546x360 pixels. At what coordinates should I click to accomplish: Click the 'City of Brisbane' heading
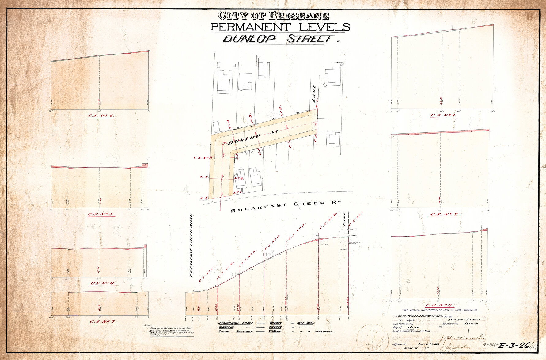pyautogui.click(x=273, y=16)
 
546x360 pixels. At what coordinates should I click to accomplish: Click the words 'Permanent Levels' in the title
pyautogui.click(x=280, y=27)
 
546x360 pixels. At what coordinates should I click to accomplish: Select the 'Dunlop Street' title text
pyautogui.click(x=278, y=39)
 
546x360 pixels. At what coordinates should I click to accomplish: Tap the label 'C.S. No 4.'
pyautogui.click(x=101, y=116)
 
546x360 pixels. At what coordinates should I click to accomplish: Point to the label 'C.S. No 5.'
pyautogui.click(x=101, y=214)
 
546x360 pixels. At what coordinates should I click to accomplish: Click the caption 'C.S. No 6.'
pyautogui.click(x=103, y=283)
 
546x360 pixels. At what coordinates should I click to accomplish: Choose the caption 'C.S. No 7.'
pyautogui.click(x=103, y=322)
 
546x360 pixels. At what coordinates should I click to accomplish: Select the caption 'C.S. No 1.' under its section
pyautogui.click(x=443, y=116)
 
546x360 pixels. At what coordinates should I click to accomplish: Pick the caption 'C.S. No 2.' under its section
pyautogui.click(x=446, y=214)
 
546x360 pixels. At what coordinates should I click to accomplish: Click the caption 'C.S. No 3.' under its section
pyautogui.click(x=440, y=305)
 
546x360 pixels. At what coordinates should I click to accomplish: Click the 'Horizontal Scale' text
pyautogui.click(x=235, y=323)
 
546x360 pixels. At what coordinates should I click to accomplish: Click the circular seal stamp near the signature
pyautogui.click(x=372, y=338)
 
